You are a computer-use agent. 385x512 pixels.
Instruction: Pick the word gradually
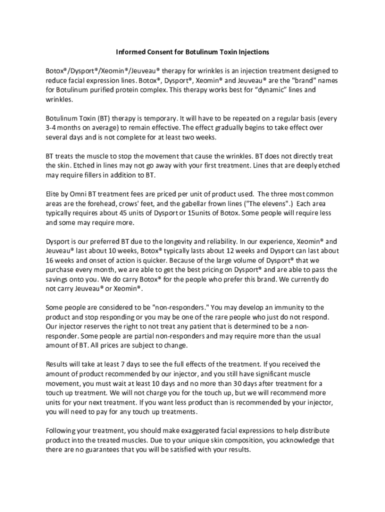pos(234,128)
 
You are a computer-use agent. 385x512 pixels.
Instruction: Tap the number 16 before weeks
pos(50,260)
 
